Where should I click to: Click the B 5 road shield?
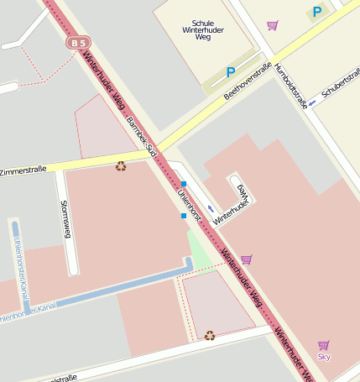(79, 42)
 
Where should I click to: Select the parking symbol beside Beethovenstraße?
(231, 73)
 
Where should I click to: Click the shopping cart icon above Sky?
(324, 344)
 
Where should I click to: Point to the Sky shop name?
(324, 357)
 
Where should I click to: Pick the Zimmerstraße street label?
(23, 170)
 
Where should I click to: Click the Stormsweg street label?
(66, 220)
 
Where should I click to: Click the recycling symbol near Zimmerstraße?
(121, 165)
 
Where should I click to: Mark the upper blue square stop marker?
(183, 183)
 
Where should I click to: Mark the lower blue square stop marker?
(183, 216)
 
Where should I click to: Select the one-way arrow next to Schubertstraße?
(311, 103)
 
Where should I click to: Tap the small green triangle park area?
(196, 247)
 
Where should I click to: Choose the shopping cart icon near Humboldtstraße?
(272, 26)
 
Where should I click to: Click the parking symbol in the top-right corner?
(316, 12)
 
